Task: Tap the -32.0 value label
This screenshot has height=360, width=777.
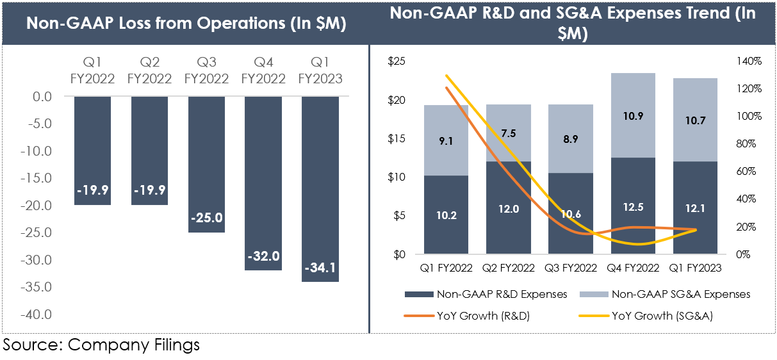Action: point(263,256)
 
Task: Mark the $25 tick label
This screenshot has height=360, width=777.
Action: point(398,61)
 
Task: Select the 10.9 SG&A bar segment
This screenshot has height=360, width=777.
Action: point(633,115)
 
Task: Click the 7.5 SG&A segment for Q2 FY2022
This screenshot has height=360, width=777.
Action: point(508,133)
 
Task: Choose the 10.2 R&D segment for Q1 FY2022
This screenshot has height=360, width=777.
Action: point(446,215)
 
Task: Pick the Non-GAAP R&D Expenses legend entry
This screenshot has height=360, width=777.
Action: point(486,294)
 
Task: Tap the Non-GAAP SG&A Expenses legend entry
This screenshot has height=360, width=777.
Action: point(665,294)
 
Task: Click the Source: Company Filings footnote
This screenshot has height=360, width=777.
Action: point(101,345)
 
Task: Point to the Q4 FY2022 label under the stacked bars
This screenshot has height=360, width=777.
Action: point(633,267)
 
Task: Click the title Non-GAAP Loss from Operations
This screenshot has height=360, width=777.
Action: point(186,24)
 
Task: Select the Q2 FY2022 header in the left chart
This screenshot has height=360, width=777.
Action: point(149,70)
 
